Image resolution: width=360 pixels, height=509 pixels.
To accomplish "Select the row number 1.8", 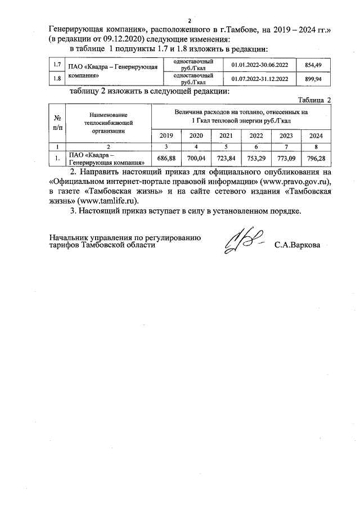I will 57,79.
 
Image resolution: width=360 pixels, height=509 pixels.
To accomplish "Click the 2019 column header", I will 166,136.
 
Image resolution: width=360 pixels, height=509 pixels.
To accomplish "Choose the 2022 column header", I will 256,136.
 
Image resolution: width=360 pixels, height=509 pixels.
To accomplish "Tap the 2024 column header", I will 316,136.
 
